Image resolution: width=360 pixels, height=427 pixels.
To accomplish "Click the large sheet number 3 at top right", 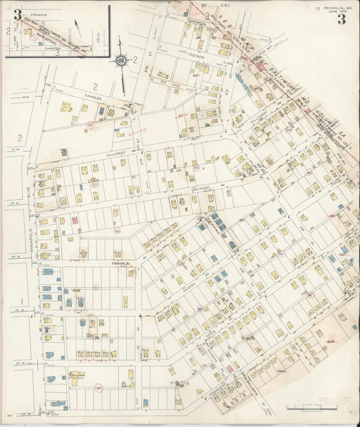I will click(x=342, y=18).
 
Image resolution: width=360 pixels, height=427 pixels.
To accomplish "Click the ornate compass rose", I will click(x=122, y=62).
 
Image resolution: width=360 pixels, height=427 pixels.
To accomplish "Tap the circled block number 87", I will click(x=99, y=388).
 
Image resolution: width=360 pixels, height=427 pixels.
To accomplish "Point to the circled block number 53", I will click(x=89, y=124).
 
